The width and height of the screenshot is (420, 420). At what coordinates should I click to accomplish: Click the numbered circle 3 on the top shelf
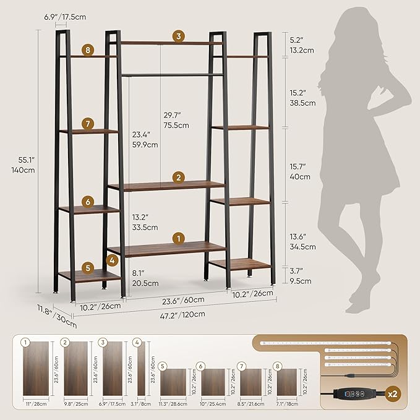tap(179, 36)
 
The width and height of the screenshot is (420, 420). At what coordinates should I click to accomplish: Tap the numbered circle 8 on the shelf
tap(89, 50)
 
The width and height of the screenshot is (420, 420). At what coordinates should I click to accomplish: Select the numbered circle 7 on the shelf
tap(88, 124)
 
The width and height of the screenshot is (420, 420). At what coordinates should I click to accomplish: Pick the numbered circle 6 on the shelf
tap(88, 202)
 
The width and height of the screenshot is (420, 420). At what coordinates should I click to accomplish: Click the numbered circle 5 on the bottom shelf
tap(88, 268)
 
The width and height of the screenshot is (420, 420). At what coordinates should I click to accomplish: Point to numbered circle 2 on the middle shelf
tap(178, 178)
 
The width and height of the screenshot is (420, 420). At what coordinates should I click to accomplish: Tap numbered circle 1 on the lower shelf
tap(178, 238)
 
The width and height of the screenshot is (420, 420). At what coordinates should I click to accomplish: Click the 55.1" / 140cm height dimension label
tap(26, 164)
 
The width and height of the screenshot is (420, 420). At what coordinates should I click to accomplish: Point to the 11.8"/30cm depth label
tap(65, 316)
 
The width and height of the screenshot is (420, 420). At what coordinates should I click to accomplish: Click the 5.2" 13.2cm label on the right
tap(302, 45)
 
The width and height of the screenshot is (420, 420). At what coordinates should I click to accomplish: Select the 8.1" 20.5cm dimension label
tap(145, 278)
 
